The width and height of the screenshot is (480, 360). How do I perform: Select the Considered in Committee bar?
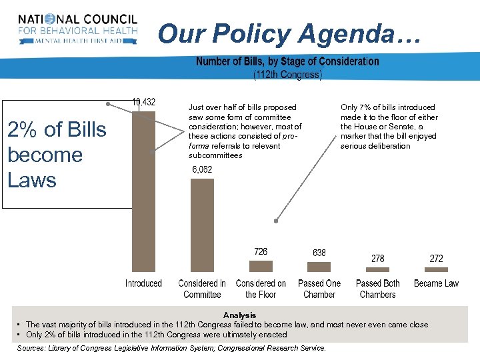click(x=202, y=225)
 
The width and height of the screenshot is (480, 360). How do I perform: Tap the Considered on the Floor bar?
click(x=261, y=265)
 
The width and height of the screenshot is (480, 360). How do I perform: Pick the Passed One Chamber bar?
click(x=319, y=265)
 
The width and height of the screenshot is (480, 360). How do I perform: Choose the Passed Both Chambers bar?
click(x=378, y=269)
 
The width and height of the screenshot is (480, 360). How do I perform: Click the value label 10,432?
click(x=143, y=102)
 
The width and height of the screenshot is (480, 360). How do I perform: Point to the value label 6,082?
click(x=201, y=170)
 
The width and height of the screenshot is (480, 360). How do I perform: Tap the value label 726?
click(x=261, y=251)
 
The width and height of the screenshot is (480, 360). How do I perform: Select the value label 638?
click(x=319, y=253)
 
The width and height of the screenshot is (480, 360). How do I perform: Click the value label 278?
click(x=378, y=258)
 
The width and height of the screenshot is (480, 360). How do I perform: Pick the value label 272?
click(x=437, y=258)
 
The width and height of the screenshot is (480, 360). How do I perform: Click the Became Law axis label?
click(x=437, y=283)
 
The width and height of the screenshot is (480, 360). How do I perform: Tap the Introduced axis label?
click(x=143, y=283)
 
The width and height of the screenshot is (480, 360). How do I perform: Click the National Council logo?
click(x=78, y=29)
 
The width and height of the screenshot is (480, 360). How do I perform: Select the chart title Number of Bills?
click(x=287, y=61)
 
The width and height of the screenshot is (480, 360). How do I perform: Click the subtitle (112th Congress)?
click(x=287, y=75)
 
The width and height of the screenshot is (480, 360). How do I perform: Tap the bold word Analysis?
click(x=240, y=315)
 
